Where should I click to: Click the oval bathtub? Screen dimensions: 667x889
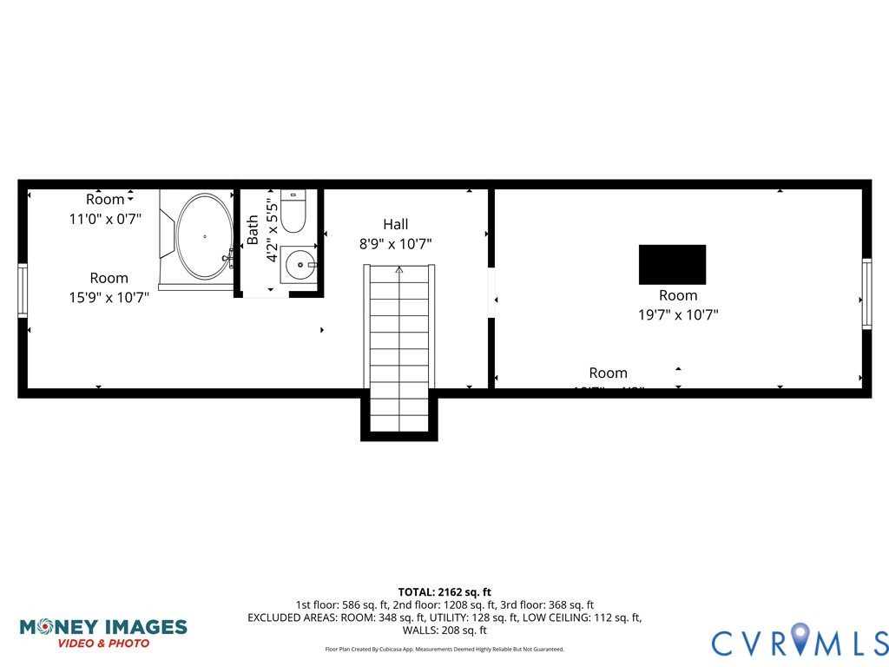click(x=205, y=236)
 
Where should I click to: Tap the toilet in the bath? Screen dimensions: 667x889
click(x=293, y=213)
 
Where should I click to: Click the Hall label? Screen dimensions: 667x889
click(x=395, y=224)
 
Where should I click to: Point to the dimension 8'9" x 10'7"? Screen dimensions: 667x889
click(x=395, y=244)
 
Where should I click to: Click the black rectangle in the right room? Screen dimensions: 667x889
click(x=672, y=264)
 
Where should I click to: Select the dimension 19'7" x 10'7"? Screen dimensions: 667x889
click(x=678, y=315)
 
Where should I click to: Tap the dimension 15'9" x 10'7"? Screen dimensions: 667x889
click(x=109, y=298)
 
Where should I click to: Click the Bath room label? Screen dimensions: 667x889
click(x=254, y=231)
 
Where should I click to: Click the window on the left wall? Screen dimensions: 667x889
click(x=23, y=290)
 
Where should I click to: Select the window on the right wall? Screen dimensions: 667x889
click(x=866, y=294)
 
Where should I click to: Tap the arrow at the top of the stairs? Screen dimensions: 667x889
click(x=399, y=270)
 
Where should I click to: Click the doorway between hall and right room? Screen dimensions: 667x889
click(x=491, y=293)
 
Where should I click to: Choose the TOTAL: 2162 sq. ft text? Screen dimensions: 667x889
click(x=444, y=591)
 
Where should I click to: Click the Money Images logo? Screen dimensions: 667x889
click(x=103, y=632)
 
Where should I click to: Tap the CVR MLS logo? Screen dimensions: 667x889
click(x=800, y=641)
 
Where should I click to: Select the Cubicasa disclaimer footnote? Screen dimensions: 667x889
click(x=444, y=649)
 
